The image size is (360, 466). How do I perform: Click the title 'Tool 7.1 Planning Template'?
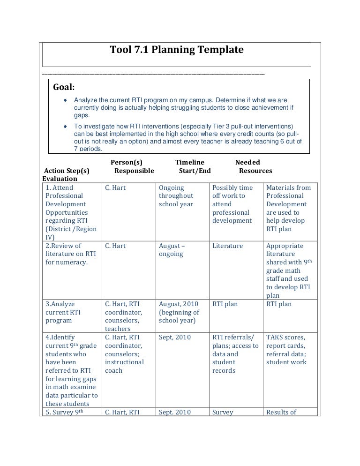(176, 50)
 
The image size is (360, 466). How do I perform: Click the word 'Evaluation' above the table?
(60, 179)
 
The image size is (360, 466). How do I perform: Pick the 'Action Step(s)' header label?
(66, 171)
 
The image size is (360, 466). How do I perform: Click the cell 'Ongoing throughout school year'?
(176, 196)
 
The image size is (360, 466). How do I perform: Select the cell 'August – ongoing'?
(172, 250)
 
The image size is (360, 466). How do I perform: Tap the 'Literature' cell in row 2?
(227, 246)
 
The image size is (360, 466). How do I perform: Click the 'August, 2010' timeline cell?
(179, 312)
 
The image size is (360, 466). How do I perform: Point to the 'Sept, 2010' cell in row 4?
(175, 337)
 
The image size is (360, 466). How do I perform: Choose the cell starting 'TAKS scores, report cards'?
(286, 349)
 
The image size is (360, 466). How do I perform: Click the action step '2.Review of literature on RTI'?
(70, 254)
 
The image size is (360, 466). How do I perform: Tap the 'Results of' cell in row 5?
(281, 412)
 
